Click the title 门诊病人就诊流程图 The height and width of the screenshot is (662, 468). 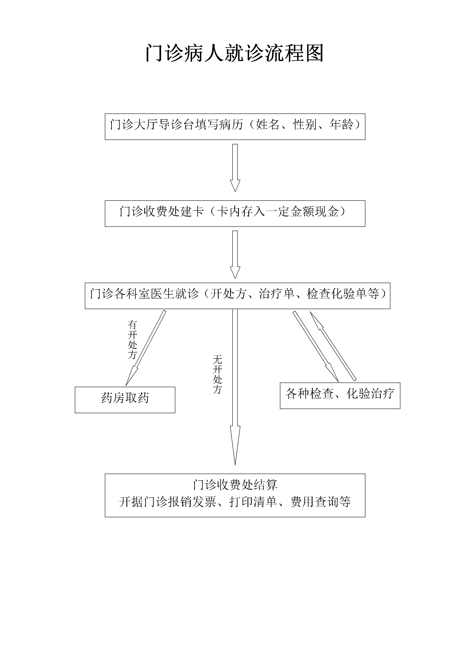234,53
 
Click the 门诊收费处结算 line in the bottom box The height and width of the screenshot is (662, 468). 235,485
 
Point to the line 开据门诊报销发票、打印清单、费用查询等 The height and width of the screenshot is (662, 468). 235,502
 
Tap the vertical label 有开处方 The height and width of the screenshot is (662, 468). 132,340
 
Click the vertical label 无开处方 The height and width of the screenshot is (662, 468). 217,375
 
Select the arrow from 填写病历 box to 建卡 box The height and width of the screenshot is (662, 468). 235,168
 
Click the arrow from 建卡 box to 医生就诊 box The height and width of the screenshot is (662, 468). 235,255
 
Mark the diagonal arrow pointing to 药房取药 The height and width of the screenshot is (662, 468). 146,348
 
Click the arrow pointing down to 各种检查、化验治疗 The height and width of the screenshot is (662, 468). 316,346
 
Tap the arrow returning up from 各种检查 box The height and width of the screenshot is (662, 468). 333,346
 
